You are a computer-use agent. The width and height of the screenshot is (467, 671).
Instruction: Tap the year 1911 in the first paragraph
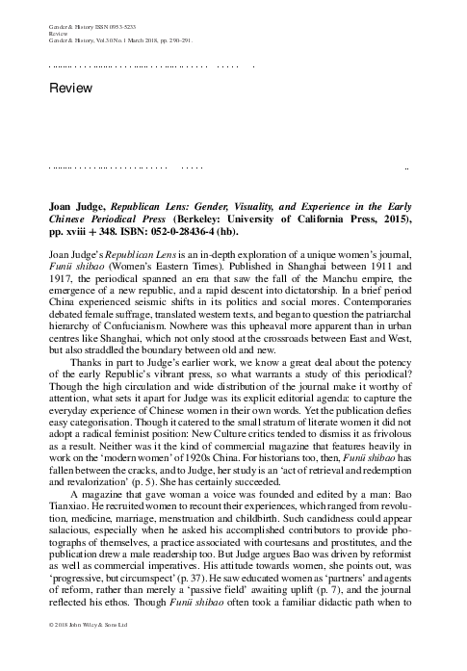[x=394, y=272]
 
